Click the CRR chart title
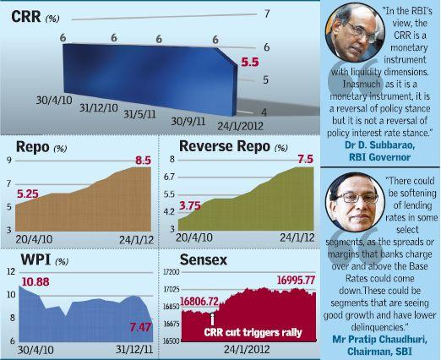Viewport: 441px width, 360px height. click(x=26, y=16)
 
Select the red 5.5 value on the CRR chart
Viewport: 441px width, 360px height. click(x=250, y=62)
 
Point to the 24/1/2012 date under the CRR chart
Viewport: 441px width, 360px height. click(x=240, y=126)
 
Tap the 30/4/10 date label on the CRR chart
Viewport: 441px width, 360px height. click(x=54, y=100)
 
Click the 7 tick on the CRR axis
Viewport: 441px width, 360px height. click(x=267, y=14)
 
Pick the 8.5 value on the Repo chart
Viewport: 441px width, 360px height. click(x=144, y=161)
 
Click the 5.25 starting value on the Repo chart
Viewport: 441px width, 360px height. click(x=28, y=194)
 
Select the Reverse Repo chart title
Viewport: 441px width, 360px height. click(x=225, y=146)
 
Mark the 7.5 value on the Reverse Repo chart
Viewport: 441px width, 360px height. click(x=306, y=159)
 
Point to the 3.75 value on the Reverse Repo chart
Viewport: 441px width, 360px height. click(x=190, y=205)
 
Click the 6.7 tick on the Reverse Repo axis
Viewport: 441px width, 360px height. click(x=169, y=177)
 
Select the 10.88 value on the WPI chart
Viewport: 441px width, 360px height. click(x=35, y=281)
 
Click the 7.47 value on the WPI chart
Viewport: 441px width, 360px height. click(x=140, y=327)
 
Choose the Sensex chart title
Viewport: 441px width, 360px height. click(x=204, y=259)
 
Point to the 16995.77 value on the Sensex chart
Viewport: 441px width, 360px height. click(x=296, y=281)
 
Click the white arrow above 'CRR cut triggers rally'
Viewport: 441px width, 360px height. click(x=212, y=319)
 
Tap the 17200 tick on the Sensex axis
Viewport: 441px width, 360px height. click(x=171, y=272)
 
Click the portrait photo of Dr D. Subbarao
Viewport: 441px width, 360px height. click(x=355, y=32)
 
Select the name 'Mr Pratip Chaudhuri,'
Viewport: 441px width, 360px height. click(x=379, y=339)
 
